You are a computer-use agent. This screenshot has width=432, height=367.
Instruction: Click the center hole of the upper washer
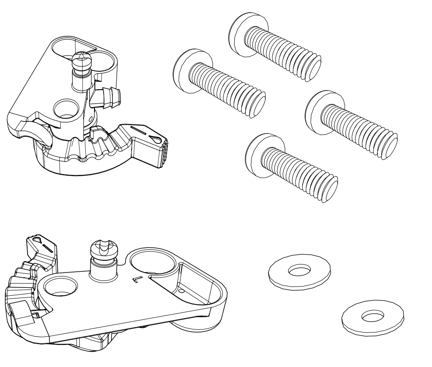[x=299, y=271]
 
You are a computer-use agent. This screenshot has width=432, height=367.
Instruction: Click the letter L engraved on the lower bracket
[x=137, y=279]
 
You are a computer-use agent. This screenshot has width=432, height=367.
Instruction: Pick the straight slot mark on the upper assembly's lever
[x=139, y=131]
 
